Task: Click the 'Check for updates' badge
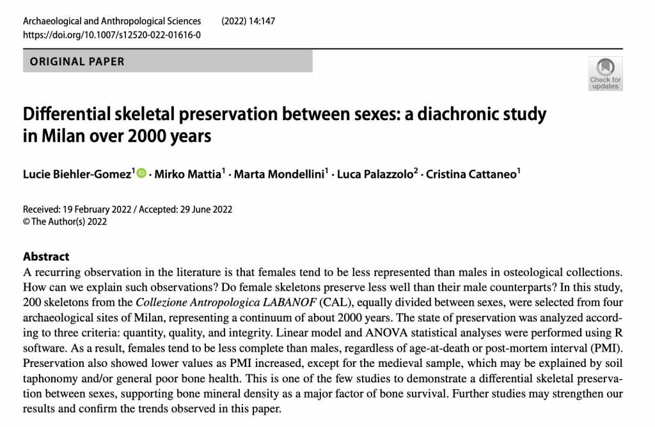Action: coord(604,74)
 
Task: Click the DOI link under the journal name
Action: coord(112,35)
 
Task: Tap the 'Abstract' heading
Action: coord(46,256)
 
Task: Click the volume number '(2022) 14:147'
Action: coord(248,21)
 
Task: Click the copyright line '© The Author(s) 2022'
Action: coord(65,222)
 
